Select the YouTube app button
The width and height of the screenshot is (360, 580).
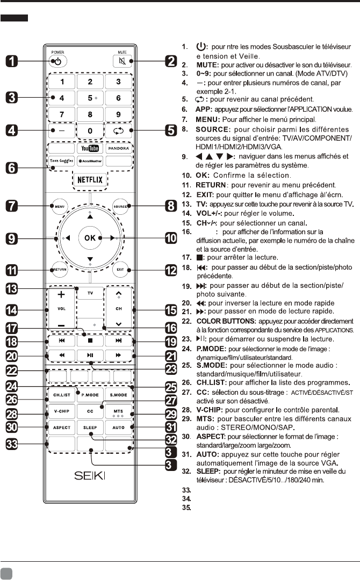click(90, 147)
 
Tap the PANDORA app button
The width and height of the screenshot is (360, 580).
click(119, 147)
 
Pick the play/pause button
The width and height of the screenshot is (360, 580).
click(90, 355)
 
